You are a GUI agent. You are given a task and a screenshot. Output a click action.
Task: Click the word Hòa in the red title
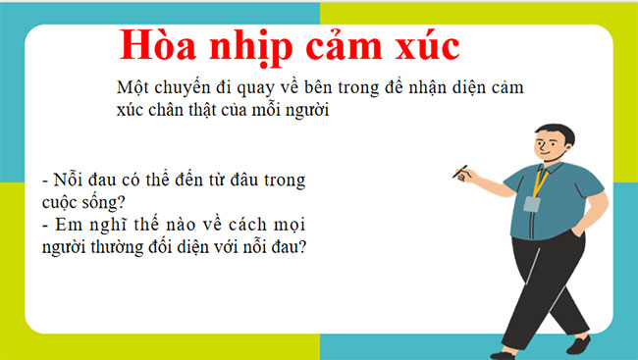(156, 45)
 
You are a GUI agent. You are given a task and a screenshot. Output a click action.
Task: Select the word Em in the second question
(66, 227)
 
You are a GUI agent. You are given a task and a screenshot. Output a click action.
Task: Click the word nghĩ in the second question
(104, 227)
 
